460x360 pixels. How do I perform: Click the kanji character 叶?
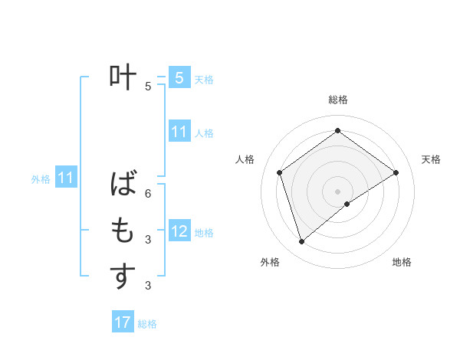[x=123, y=77]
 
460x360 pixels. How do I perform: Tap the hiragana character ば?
[x=123, y=184]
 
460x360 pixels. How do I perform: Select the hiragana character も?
[x=123, y=230]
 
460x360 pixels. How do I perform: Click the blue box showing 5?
[x=179, y=77]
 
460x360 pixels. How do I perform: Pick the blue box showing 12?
[x=179, y=231]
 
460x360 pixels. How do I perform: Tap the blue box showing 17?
[x=123, y=322]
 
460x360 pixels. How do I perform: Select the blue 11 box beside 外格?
[x=66, y=178]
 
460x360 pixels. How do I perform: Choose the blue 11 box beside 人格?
[x=179, y=132]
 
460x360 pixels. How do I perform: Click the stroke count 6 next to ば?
[x=148, y=194]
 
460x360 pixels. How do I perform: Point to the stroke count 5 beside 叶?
[x=148, y=87]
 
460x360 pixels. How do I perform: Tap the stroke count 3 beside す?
[x=148, y=286]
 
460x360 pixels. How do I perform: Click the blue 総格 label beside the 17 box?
[x=147, y=324]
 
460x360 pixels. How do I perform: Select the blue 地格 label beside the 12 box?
[x=204, y=232]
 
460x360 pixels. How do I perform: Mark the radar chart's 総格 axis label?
[x=337, y=100]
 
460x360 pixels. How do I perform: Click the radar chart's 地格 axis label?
[x=402, y=262]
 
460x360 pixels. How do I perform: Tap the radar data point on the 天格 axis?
[x=396, y=172]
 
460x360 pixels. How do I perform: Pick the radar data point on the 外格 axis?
[x=301, y=242]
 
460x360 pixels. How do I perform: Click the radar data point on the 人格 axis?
[x=280, y=172]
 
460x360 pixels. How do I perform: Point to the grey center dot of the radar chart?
[x=337, y=191]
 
